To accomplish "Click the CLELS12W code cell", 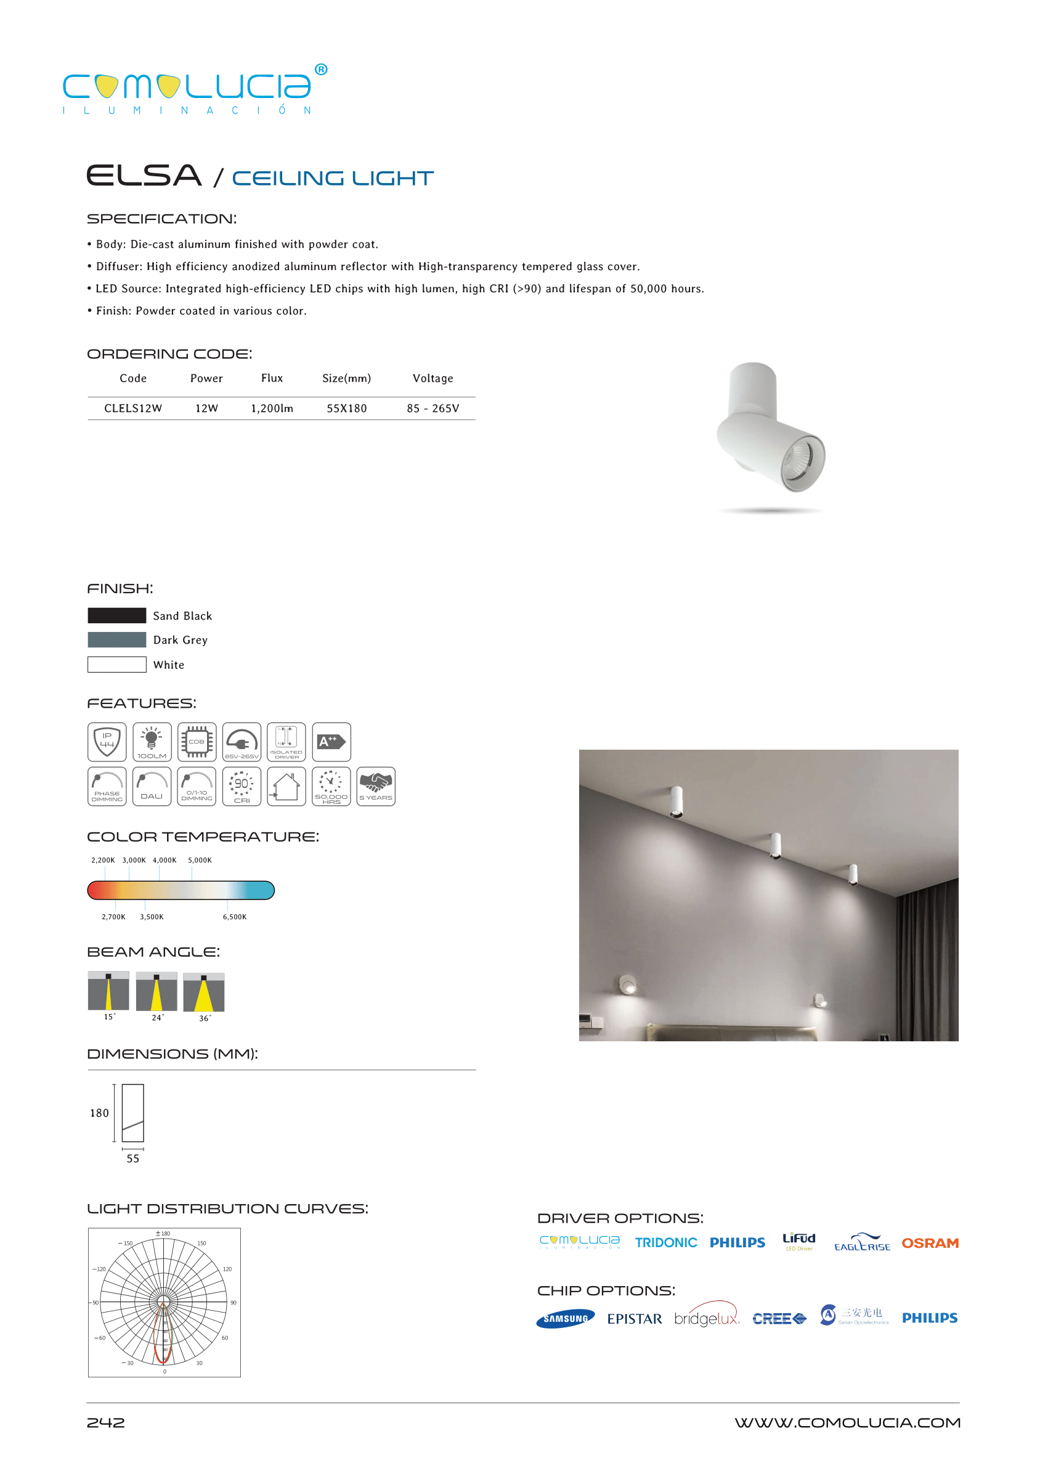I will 133,408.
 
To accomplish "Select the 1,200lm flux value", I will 272,408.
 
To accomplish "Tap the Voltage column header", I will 433,379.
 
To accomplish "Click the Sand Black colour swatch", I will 117,615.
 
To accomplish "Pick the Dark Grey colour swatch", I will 117,639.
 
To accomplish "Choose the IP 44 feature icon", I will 107,741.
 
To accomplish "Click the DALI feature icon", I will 152,786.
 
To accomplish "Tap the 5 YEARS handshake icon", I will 376,786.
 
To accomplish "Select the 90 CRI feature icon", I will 242,786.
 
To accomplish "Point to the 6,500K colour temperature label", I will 234,916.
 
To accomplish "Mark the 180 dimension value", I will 99,1113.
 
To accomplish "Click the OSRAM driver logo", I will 929,1243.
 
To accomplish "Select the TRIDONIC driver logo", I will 665,1242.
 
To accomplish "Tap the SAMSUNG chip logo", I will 566,1318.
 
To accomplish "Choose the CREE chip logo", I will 779,1318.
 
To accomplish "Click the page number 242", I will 106,1422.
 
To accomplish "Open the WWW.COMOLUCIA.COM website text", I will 847,1422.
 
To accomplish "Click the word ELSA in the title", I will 144,176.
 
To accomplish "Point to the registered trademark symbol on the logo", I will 321,69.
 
